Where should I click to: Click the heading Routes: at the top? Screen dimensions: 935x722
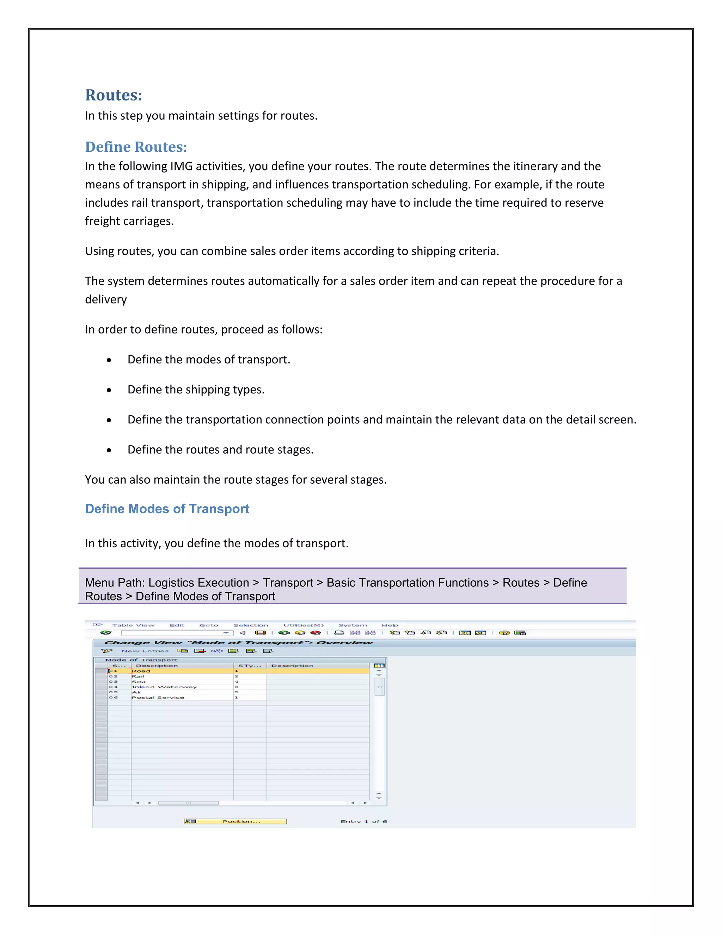point(114,95)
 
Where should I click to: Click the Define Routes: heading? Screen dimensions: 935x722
point(136,147)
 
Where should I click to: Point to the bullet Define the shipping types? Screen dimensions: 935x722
point(196,390)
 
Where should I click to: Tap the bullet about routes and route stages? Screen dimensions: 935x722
point(220,450)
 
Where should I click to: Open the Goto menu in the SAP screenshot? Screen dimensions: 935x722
point(208,625)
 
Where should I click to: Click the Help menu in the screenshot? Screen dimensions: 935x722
point(390,625)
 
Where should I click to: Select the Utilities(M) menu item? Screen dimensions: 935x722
point(303,625)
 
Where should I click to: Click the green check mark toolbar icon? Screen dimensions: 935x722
point(106,633)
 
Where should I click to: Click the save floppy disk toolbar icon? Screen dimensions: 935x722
point(260,633)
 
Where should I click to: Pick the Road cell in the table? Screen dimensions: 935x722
point(141,671)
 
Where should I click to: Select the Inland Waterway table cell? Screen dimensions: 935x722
point(164,687)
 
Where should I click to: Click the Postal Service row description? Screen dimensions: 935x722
point(158,698)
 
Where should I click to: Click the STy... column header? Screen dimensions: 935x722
point(249,666)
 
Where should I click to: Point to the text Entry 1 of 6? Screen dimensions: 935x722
point(363,821)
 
